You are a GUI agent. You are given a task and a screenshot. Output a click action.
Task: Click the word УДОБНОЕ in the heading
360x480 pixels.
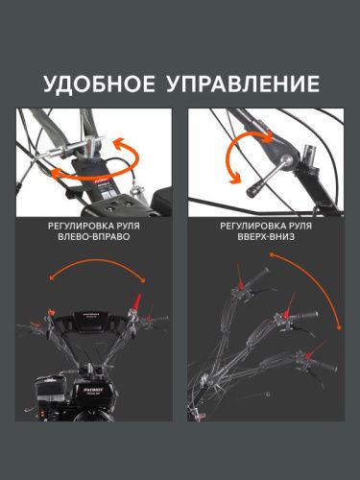(x=99, y=84)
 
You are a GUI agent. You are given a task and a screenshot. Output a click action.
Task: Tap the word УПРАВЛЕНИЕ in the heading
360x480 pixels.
(x=243, y=84)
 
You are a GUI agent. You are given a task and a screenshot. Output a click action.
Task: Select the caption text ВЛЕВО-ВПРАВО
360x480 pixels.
(x=94, y=237)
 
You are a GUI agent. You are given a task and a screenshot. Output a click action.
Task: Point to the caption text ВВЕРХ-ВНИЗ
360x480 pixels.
(x=266, y=237)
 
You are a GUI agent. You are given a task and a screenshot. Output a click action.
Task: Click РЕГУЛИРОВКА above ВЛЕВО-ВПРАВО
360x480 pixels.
(x=82, y=226)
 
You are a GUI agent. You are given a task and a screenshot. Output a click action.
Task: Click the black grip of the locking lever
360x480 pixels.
(x=254, y=188)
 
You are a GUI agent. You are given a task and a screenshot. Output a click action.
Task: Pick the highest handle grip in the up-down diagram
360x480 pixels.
(x=256, y=276)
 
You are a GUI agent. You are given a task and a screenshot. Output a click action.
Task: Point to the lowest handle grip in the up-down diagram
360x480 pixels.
(x=324, y=365)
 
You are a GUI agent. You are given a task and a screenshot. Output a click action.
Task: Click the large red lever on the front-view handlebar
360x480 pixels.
(x=136, y=301)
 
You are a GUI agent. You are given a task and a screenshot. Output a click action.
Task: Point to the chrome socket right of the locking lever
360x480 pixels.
(x=310, y=153)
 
